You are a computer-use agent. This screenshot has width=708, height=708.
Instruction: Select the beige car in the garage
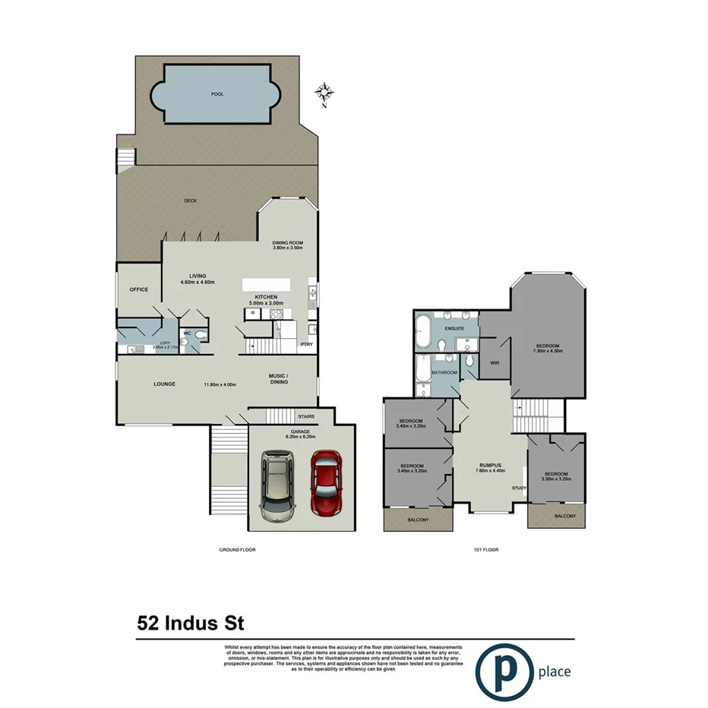click(277, 486)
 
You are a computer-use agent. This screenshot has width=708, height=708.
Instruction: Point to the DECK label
click(191, 201)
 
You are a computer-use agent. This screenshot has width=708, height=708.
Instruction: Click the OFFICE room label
click(138, 289)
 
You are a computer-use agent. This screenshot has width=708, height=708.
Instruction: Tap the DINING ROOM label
click(288, 242)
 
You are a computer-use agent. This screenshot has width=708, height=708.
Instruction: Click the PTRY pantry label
click(306, 344)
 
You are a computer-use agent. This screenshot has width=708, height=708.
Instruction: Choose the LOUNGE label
click(164, 384)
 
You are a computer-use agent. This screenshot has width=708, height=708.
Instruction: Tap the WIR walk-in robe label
click(493, 362)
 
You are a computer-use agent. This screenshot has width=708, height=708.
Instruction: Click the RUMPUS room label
click(489, 466)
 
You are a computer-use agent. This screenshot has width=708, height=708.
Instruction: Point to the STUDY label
click(519, 488)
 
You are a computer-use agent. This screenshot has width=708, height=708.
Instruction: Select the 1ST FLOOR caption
click(485, 549)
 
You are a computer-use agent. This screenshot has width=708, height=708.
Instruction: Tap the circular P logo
click(502, 670)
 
